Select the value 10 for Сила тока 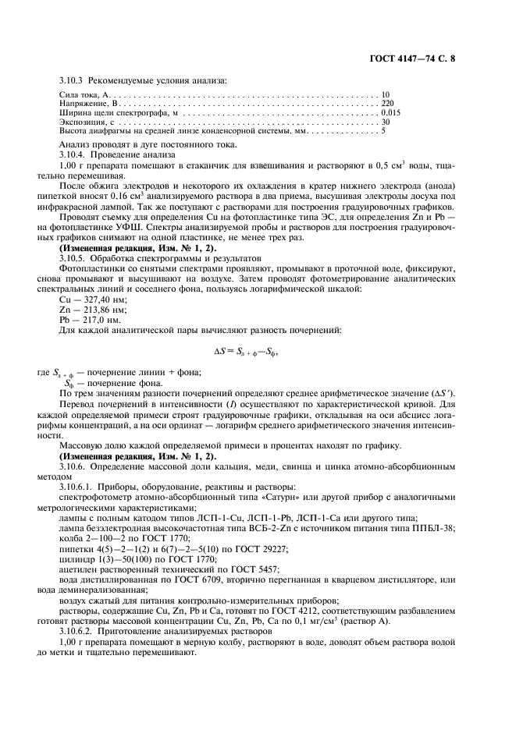click(x=386, y=95)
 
